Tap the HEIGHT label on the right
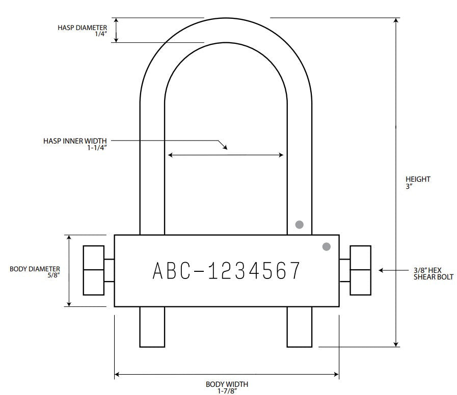pyautogui.click(x=418, y=179)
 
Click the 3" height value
pyautogui.click(x=409, y=186)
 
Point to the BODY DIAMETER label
pyautogui.click(x=35, y=268)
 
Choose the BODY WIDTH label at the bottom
pyautogui.click(x=227, y=384)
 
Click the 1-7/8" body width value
pyautogui.click(x=227, y=391)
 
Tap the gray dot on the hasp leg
pyautogui.click(x=299, y=224)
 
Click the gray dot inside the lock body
pyautogui.click(x=327, y=246)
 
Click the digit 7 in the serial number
pyautogui.click(x=292, y=271)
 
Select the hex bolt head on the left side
pyautogui.click(x=94, y=270)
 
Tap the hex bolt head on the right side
pyautogui.click(x=361, y=270)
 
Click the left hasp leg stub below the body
pyautogui.click(x=152, y=327)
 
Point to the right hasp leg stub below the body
pyautogui.click(x=300, y=327)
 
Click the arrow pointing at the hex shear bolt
pyautogui.click(x=389, y=270)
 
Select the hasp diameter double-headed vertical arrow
pyautogui.click(x=116, y=30)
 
